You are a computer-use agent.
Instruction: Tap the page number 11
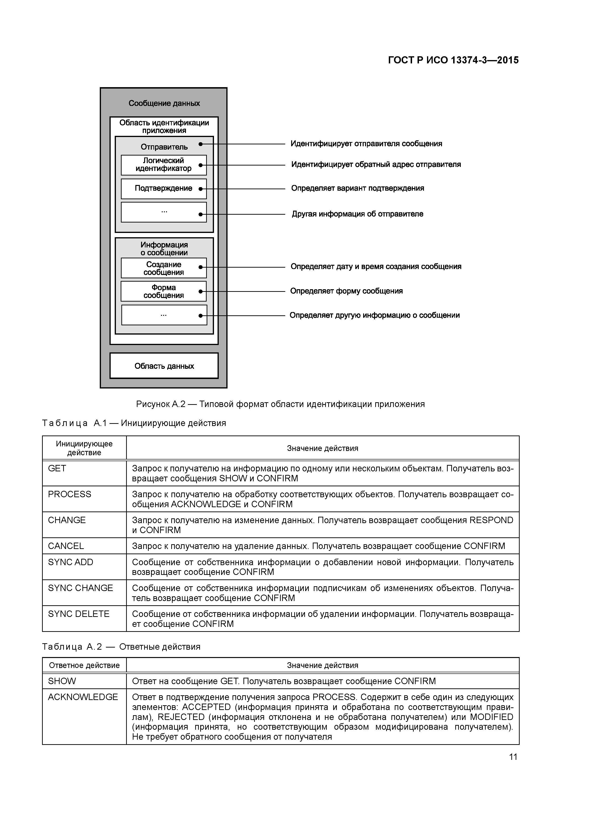[513, 757]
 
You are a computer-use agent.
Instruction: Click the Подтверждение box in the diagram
[164, 188]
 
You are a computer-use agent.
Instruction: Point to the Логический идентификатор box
[164, 165]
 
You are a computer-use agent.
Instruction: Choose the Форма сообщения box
[164, 291]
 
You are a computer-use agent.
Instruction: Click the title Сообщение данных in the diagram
[164, 103]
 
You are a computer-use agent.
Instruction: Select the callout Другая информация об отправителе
[357, 214]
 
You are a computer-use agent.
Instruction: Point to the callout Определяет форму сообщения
[346, 291]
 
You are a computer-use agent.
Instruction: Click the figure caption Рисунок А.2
[280, 404]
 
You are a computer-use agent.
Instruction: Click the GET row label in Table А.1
[57, 468]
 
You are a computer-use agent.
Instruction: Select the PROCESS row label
[70, 494]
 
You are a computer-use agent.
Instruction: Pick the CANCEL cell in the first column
[66, 546]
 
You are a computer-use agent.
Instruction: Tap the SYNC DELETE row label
[79, 614]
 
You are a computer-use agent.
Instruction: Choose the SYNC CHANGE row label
[81, 588]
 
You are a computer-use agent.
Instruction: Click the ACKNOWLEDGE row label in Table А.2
[83, 697]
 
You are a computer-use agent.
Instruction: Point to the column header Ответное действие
[84, 665]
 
